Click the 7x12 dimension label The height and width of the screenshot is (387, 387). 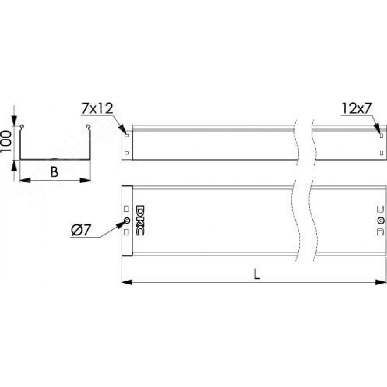point(98,109)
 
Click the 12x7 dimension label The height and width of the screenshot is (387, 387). point(357,109)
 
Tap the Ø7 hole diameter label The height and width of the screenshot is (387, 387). point(81,230)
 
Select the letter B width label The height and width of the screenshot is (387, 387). point(55,172)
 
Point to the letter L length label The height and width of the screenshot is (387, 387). point(257,274)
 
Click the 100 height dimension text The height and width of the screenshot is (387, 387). point(6,142)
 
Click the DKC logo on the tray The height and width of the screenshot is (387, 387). point(140,221)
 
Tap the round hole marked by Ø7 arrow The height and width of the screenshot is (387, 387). point(127,221)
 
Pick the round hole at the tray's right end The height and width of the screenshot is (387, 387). point(381,221)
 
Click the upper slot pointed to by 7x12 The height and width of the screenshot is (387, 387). point(127,135)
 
